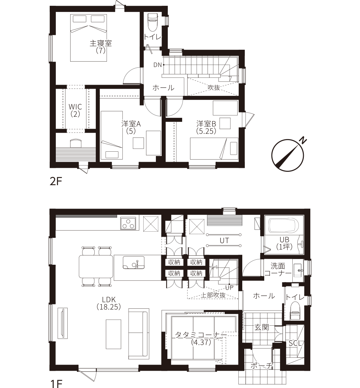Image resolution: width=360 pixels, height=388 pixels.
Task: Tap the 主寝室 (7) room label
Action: (101, 47)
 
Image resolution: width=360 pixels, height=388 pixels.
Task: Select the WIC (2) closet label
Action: (75, 110)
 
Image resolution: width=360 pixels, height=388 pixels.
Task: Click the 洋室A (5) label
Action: (131, 127)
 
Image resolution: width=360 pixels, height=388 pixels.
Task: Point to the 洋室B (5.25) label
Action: (206, 127)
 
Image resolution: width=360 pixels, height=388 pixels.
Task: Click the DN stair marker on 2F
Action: (158, 65)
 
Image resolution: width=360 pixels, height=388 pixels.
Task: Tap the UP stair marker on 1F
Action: (229, 288)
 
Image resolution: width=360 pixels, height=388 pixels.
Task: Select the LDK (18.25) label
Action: (109, 303)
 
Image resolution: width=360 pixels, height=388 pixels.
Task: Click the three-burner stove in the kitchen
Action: (128, 223)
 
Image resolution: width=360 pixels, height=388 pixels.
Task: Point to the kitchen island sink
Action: (134, 263)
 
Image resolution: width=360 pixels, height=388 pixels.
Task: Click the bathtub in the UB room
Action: (284, 225)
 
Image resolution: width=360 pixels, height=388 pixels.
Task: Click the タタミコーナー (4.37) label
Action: (201, 339)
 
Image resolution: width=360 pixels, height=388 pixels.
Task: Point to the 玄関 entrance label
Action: (262, 327)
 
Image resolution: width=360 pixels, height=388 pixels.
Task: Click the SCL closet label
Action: (295, 343)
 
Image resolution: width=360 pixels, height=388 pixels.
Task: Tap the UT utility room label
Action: (224, 240)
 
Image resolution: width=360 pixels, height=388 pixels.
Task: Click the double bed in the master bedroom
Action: (89, 37)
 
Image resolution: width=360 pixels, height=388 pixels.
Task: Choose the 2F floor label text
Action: (55, 182)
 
